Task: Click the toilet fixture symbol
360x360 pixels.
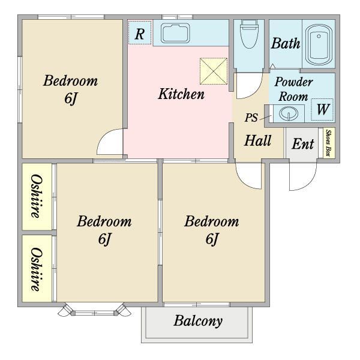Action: click(x=249, y=34)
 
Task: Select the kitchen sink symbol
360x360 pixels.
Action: click(x=175, y=33)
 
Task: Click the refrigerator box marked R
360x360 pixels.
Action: click(x=140, y=32)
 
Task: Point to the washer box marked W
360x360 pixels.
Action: click(x=322, y=110)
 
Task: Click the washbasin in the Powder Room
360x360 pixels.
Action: click(x=289, y=113)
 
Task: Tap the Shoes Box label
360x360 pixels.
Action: click(x=329, y=143)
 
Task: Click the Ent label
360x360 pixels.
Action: click(x=303, y=144)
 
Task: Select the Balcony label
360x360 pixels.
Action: click(x=198, y=321)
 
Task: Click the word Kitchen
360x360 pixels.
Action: click(x=181, y=94)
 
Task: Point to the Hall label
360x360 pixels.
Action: click(x=257, y=140)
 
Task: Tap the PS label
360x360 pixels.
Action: click(x=251, y=118)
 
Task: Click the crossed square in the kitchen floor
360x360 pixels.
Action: click(x=214, y=71)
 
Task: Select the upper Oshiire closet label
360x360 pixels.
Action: click(x=37, y=196)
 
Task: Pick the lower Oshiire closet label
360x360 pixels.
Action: click(x=37, y=269)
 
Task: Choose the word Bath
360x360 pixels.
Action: click(x=286, y=43)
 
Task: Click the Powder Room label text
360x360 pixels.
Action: click(x=293, y=89)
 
